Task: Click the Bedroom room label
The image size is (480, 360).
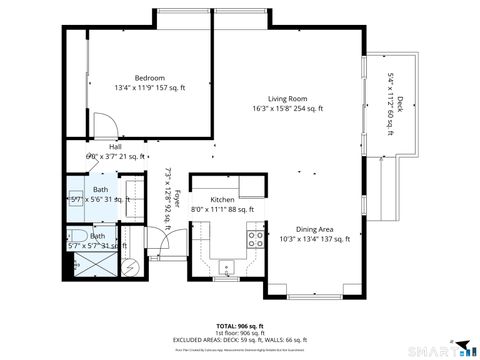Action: (150, 78)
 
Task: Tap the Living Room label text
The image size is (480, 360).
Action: (285, 98)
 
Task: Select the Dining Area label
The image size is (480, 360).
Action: (314, 229)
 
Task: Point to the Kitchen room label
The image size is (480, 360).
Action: (222, 200)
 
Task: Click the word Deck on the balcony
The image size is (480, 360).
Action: (400, 102)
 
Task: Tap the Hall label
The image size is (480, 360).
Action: (101, 147)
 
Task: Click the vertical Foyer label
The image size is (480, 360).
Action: (177, 199)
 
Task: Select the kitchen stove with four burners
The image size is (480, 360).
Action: (255, 238)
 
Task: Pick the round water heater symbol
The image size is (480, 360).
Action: (128, 268)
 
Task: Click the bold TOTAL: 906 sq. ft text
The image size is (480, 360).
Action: (239, 326)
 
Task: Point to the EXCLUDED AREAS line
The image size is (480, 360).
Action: (239, 340)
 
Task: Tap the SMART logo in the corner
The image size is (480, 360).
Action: (446, 349)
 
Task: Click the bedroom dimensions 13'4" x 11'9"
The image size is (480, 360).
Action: (150, 88)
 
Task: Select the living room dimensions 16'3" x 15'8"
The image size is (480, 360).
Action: (285, 108)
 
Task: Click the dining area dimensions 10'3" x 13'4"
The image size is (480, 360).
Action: (314, 239)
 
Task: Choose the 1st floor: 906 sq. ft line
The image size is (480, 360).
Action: (239, 333)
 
